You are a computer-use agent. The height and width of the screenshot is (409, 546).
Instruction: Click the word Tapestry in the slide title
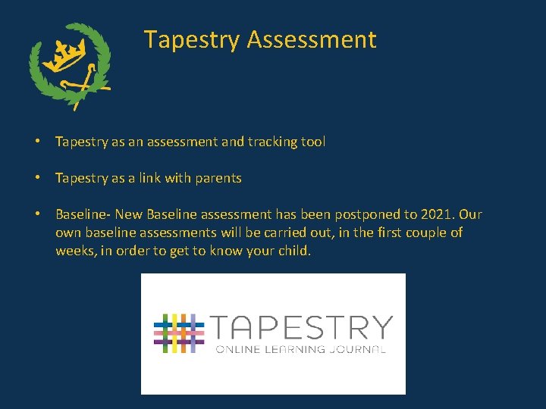click(x=192, y=39)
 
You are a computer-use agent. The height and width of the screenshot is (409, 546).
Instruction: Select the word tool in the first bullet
click(x=312, y=142)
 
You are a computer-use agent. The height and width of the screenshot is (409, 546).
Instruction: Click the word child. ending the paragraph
click(x=293, y=251)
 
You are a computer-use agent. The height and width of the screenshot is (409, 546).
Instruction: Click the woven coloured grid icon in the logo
click(x=179, y=333)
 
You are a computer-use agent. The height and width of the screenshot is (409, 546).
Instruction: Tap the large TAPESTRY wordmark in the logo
click(x=301, y=327)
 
